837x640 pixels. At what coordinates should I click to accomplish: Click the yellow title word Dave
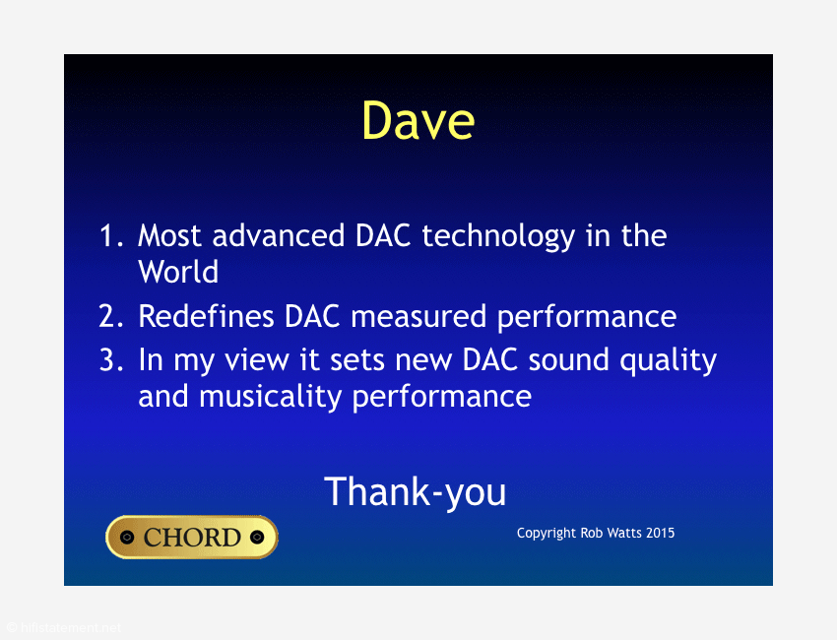pos(418,121)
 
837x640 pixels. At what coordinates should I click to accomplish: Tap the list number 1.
pos(111,235)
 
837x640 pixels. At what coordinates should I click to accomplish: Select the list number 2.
pos(111,315)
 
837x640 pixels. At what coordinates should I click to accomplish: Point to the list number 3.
pos(111,359)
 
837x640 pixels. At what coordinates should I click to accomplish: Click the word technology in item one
pos(498,236)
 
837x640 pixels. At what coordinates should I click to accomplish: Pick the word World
pos(178,271)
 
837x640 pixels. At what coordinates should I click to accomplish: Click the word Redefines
pos(206,315)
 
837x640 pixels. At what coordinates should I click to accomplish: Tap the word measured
pos(418,316)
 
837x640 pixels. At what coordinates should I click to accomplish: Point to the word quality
pos(669,360)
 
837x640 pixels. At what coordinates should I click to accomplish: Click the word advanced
pos(278,235)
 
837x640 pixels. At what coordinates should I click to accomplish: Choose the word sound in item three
pos(568,359)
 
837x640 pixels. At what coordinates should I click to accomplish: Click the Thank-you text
pos(415,492)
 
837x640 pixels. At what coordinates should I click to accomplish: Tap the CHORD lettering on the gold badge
pos(192,537)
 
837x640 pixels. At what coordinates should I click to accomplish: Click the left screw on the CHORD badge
pos(126,537)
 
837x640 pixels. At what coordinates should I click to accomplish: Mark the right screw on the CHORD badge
pos(257,537)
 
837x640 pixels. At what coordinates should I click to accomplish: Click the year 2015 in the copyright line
pos(661,533)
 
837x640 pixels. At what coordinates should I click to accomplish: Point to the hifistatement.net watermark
pos(64,628)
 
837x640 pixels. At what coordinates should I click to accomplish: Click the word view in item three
pos(257,359)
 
